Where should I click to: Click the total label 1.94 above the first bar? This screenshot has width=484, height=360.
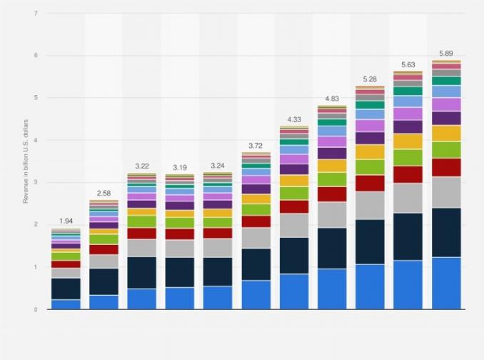(66, 221)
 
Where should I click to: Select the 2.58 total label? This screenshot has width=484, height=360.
(104, 193)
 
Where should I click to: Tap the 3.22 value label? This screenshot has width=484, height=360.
(141, 166)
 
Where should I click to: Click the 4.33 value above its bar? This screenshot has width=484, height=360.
(294, 119)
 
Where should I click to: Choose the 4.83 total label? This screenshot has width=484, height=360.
(332, 98)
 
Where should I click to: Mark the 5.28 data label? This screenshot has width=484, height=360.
(370, 79)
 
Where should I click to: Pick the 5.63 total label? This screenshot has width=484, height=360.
(408, 64)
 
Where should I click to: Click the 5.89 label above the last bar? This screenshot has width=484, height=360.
(446, 53)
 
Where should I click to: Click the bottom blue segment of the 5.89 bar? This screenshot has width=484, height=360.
(446, 283)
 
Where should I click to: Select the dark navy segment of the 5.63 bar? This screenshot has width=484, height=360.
(408, 236)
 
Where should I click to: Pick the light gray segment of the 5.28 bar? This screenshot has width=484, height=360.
(370, 205)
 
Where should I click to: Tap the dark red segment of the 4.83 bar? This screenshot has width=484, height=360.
(332, 194)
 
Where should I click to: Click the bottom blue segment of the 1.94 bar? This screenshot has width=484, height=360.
(66, 304)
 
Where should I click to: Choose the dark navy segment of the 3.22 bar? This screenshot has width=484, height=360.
(141, 272)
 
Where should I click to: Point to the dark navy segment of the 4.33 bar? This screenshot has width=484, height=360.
(294, 255)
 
